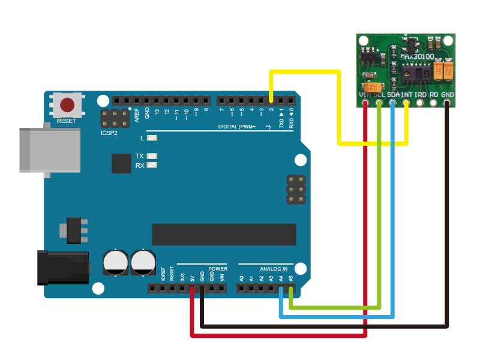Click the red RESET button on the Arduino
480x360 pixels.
[67, 105]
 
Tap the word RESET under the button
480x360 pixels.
[67, 121]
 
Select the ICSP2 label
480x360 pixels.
[109, 133]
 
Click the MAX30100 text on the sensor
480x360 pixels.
[416, 56]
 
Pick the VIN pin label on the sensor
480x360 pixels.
[364, 95]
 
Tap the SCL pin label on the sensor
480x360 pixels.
[379, 95]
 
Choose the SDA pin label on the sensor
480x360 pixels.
[393, 95]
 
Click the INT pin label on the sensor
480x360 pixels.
[407, 95]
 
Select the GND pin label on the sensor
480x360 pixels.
[448, 95]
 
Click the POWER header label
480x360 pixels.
[218, 268]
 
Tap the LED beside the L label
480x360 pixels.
[152, 138]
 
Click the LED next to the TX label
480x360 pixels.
[152, 156]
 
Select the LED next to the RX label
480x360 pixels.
[152, 165]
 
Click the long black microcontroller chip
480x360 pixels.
[224, 234]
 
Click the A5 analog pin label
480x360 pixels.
[291, 278]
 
